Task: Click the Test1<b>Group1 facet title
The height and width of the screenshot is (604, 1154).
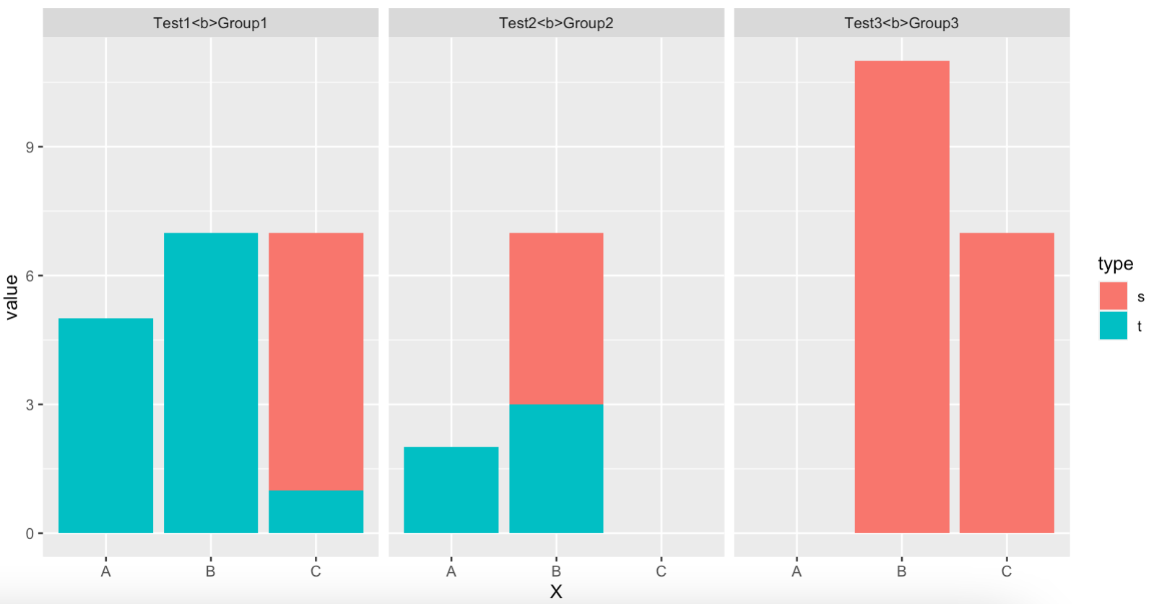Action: point(210,23)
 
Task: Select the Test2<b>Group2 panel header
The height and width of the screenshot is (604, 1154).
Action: point(556,23)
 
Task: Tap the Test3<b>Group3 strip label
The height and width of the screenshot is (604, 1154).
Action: point(901,23)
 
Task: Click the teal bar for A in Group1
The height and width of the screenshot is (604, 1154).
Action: point(105,426)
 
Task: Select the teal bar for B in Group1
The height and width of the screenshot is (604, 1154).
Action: point(211,383)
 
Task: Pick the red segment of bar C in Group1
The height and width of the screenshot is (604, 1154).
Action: point(316,361)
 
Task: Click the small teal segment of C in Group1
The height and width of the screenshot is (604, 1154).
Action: point(316,512)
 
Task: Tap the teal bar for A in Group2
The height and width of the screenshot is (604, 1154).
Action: point(451,490)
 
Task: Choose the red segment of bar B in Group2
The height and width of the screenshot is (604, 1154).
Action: point(556,319)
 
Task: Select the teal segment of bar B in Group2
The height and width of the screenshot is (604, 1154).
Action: point(556,468)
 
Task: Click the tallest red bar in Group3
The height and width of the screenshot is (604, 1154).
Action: point(902,297)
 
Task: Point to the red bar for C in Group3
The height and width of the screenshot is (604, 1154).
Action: point(1007,383)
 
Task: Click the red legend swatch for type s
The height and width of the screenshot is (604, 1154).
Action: point(1114,295)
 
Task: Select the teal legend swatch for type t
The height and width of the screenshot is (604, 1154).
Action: point(1114,325)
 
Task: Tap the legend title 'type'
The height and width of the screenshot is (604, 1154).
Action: point(1115,264)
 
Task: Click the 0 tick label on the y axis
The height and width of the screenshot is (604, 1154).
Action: point(30,533)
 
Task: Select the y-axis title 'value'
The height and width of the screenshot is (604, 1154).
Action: point(12,298)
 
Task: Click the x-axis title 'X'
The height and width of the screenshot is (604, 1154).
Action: point(556,591)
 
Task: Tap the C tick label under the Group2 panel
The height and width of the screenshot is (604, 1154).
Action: point(661,571)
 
